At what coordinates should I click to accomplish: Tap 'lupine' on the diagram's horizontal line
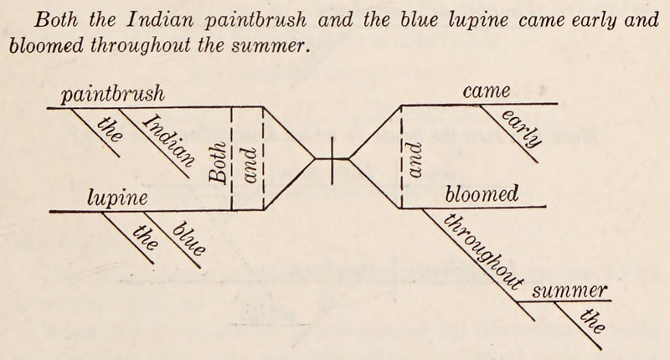(117, 198)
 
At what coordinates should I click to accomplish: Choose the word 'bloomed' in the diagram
(482, 195)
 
